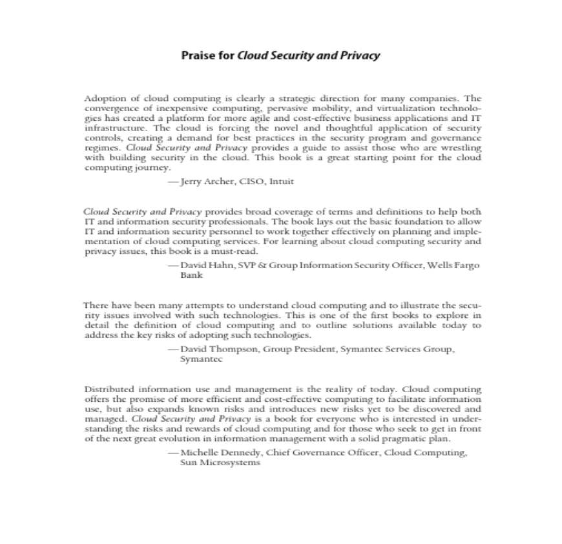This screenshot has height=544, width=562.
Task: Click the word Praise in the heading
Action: coord(197,56)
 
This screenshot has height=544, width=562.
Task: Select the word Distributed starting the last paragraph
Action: coord(110,390)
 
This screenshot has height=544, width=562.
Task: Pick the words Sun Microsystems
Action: coord(220,463)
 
